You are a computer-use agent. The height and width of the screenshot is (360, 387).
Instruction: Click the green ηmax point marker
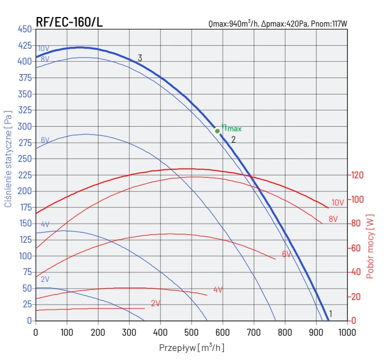pyautogui.click(x=217, y=131)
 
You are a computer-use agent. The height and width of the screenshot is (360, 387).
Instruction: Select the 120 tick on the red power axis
pyautogui.click(x=357, y=175)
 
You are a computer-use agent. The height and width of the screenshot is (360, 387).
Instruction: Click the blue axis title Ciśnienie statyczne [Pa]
pyautogui.click(x=8, y=159)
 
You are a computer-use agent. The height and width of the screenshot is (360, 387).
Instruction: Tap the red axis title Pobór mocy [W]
pyautogui.click(x=370, y=246)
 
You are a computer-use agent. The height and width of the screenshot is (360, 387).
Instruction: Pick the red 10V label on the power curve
pyautogui.click(x=338, y=203)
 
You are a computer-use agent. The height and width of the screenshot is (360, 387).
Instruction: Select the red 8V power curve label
pyautogui.click(x=333, y=218)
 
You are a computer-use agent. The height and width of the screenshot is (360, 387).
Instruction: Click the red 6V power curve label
pyautogui.click(x=287, y=254)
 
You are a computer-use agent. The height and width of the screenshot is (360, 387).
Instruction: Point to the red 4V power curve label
pyautogui.click(x=218, y=290)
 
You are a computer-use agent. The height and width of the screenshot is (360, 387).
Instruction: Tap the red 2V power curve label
pyautogui.click(x=156, y=303)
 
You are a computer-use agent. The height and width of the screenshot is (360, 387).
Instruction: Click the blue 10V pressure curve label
pyautogui.click(x=44, y=49)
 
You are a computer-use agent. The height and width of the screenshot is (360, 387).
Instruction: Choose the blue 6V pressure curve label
pyautogui.click(x=45, y=140)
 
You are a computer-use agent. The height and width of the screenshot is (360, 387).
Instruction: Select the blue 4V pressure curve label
pyautogui.click(x=45, y=224)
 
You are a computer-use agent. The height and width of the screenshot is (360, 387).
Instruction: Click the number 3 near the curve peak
pyautogui.click(x=139, y=58)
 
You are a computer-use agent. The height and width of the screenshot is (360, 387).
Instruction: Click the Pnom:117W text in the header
pyautogui.click(x=329, y=24)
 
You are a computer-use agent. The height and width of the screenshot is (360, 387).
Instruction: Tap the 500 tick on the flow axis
pyautogui.click(x=192, y=332)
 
